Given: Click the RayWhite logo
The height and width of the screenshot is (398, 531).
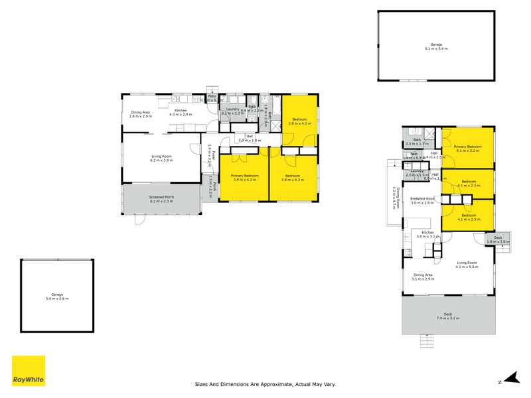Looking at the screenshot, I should click(29, 371).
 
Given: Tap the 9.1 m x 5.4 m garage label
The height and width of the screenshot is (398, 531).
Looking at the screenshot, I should click(436, 46).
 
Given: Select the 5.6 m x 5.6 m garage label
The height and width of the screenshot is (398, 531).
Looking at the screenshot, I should click(56, 297).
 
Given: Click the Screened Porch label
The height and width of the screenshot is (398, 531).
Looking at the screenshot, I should click(161, 198).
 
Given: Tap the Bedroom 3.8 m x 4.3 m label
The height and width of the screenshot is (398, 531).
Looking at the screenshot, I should click(292, 177).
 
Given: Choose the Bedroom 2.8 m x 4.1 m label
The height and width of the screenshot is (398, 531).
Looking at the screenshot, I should click(299, 121).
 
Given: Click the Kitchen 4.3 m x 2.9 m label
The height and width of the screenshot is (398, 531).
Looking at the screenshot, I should click(181, 112).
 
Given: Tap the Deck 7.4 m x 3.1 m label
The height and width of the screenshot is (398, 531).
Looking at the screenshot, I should click(448, 316).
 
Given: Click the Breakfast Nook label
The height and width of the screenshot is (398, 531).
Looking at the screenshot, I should click(422, 200).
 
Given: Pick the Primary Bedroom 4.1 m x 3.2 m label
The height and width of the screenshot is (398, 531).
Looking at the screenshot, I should click(469, 148).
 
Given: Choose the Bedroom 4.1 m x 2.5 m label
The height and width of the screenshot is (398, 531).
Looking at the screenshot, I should click(469, 217).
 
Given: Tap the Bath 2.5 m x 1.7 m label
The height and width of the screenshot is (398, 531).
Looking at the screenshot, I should click(417, 141).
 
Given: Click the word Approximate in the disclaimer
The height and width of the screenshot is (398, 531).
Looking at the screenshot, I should click(279, 383).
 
